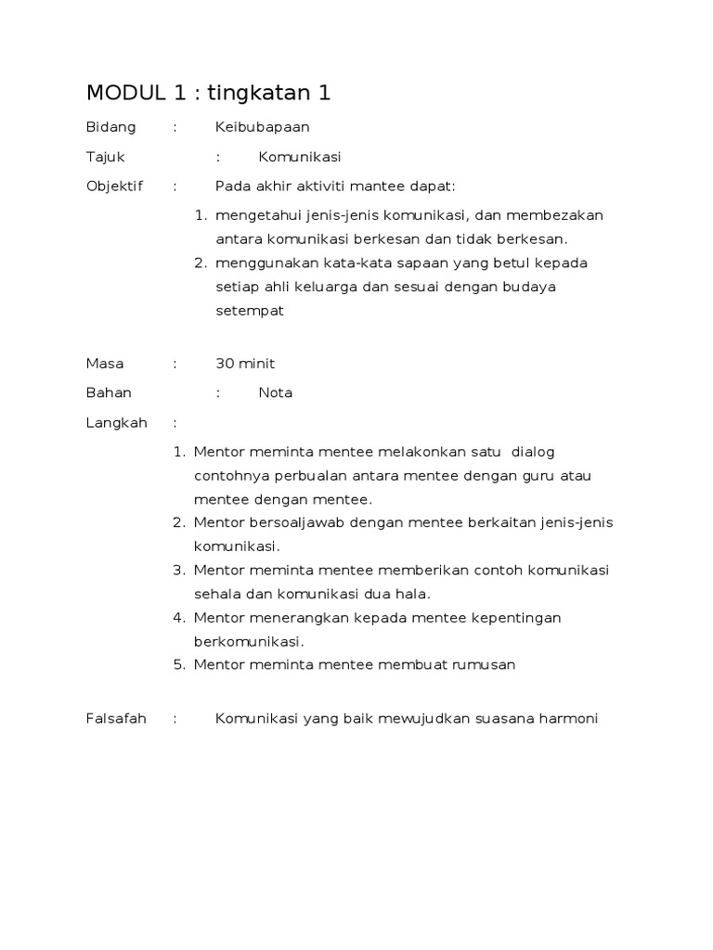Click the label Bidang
tap(110, 127)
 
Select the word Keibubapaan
tap(263, 127)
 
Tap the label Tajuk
tap(105, 157)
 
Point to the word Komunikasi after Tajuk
tap(300, 157)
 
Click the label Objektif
tap(114, 186)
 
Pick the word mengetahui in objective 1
tap(252, 215)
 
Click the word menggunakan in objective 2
tap(259, 263)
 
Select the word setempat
tap(249, 311)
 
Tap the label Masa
tap(105, 363)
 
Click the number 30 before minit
tap(225, 363)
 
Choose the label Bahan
tap(109, 392)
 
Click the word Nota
tap(276, 392)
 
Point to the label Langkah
tap(116, 422)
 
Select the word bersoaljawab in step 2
tap(293, 522)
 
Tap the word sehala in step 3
tap(216, 594)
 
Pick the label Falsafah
tap(116, 718)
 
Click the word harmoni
tap(568, 718)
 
